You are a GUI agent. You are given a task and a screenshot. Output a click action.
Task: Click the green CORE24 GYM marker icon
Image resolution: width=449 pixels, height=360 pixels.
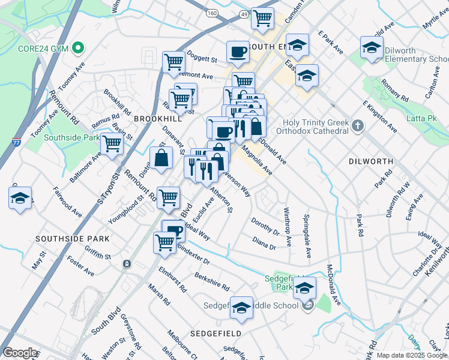click(77, 47)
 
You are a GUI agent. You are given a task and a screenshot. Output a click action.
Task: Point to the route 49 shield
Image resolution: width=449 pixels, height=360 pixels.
click(242, 13)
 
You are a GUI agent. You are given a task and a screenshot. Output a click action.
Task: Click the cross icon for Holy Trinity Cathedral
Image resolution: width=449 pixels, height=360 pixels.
click(358, 126)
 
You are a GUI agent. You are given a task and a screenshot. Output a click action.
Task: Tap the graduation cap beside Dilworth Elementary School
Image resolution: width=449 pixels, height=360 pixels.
click(372, 48)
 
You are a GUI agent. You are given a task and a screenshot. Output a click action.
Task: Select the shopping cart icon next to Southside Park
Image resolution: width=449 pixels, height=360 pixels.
click(112, 145)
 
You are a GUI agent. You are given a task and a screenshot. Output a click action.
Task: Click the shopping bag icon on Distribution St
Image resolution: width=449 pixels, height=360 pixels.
click(161, 158)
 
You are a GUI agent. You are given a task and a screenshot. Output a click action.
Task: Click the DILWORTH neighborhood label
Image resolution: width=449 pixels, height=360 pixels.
click(370, 161)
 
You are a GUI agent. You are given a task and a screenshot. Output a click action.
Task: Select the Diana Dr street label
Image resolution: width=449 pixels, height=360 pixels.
click(264, 243)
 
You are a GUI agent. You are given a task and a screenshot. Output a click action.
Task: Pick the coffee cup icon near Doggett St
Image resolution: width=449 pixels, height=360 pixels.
click(238, 52)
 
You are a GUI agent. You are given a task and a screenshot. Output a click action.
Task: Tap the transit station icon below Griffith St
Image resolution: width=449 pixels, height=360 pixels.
click(127, 263)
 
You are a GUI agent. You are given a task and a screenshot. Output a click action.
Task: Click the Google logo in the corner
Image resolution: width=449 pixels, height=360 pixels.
click(20, 353)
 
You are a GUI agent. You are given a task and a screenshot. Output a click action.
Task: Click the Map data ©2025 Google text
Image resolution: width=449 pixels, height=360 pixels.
click(412, 355)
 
